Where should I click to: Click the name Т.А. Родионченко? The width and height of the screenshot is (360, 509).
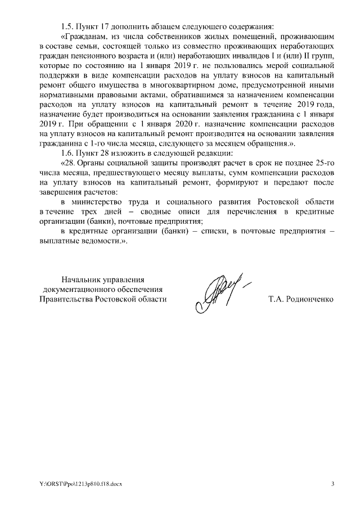click(x=301, y=299)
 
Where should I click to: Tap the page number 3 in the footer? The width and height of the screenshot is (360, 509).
click(x=332, y=484)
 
